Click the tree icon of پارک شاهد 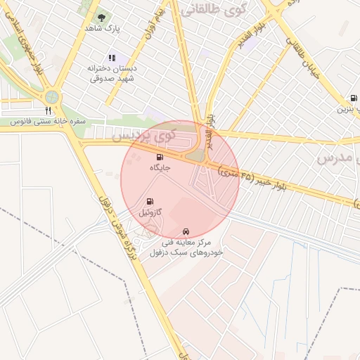101,17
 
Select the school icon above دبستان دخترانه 111,58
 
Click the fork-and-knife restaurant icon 48,110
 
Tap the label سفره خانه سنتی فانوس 48,121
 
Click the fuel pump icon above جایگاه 160,156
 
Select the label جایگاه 160,168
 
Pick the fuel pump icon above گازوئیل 150,201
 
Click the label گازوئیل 150,212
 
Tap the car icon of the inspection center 186,231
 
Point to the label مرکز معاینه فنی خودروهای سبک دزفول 186,247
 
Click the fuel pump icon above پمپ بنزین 352,98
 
